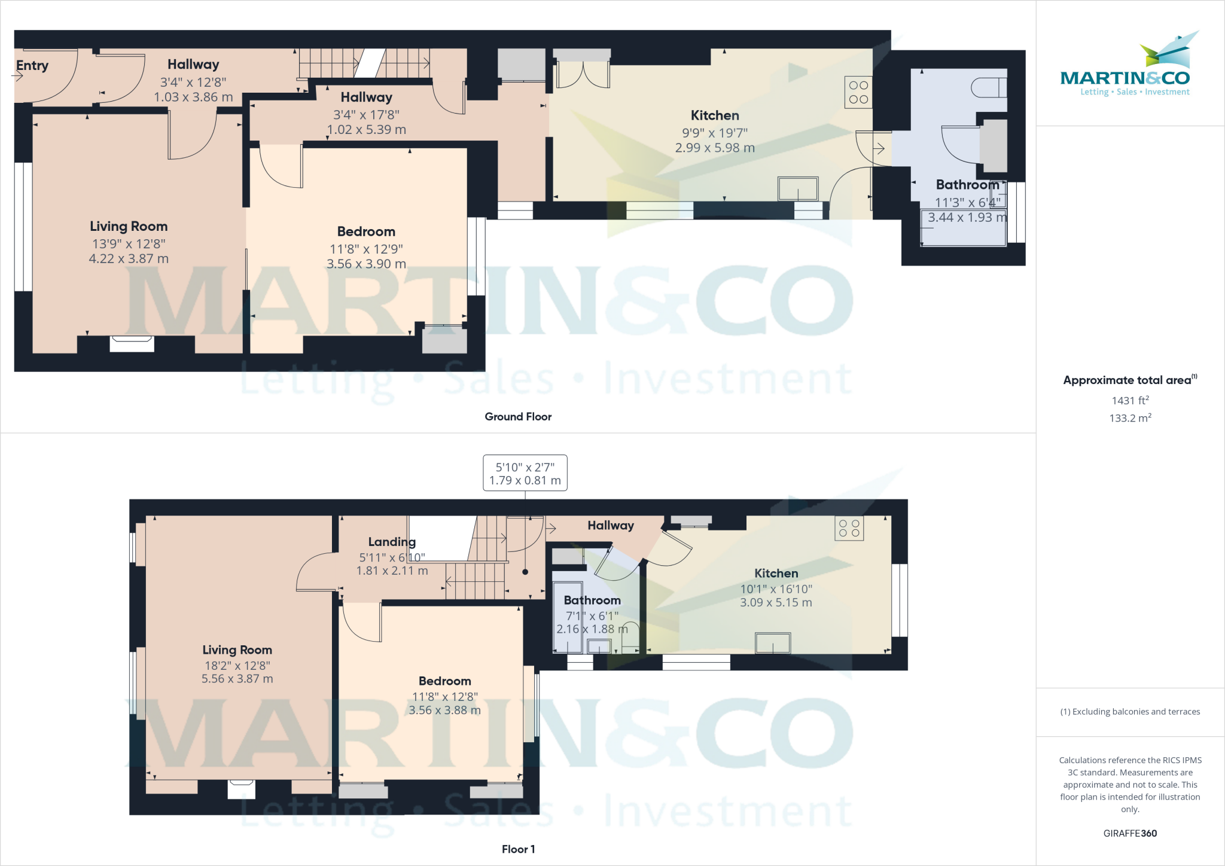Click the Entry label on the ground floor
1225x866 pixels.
click(x=32, y=65)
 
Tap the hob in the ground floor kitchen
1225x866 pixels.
click(x=858, y=92)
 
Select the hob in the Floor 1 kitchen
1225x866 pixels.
click(x=849, y=528)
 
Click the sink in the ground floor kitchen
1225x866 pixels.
click(x=798, y=189)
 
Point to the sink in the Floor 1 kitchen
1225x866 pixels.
click(x=773, y=644)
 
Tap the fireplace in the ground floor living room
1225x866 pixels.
click(x=132, y=343)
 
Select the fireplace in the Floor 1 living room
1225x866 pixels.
click(x=242, y=788)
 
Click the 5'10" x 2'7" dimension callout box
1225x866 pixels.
click(x=525, y=473)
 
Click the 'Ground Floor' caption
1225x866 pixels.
click(x=518, y=417)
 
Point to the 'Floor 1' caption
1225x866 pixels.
click(x=518, y=849)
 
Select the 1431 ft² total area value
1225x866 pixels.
click(x=1130, y=401)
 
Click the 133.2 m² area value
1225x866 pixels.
click(x=1130, y=418)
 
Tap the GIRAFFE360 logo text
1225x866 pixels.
click(x=1130, y=833)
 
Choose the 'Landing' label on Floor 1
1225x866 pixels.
click(x=392, y=542)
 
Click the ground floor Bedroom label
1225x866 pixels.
click(x=366, y=231)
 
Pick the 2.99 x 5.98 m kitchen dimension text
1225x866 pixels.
click(x=715, y=148)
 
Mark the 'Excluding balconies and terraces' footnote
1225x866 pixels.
click(x=1130, y=712)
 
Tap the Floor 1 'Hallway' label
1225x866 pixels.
click(x=610, y=525)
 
